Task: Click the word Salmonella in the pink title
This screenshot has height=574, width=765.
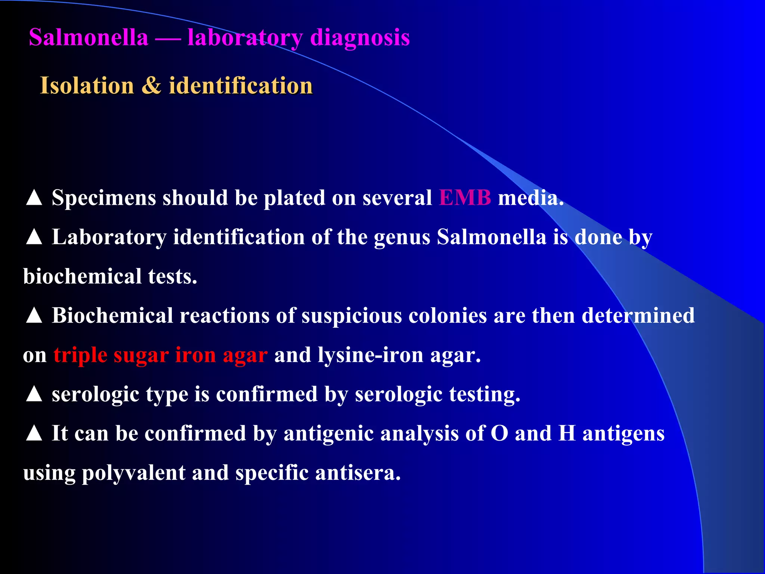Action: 89,38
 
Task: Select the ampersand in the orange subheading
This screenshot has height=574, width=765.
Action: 151,86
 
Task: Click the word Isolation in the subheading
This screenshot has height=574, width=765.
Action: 87,86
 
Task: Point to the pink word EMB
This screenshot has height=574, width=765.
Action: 465,198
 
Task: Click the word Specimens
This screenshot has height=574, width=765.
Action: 104,198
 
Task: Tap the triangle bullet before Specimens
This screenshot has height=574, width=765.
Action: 34,198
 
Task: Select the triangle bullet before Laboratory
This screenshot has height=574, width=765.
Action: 34,237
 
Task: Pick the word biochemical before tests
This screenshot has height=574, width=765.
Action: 82,276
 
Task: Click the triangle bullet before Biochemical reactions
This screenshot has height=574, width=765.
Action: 34,315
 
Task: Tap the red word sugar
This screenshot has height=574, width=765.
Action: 141,355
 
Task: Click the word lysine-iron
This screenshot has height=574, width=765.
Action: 371,355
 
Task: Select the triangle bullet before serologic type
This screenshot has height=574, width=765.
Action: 34,394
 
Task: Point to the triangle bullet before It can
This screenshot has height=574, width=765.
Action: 34,433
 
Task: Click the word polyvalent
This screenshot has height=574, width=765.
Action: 133,473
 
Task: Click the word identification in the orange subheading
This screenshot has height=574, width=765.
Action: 241,86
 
